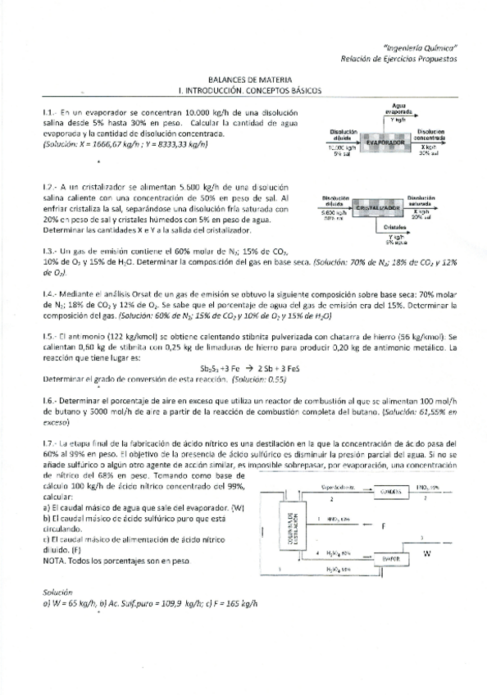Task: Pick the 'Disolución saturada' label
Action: tap(421, 202)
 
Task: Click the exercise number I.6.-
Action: tap(51, 402)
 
